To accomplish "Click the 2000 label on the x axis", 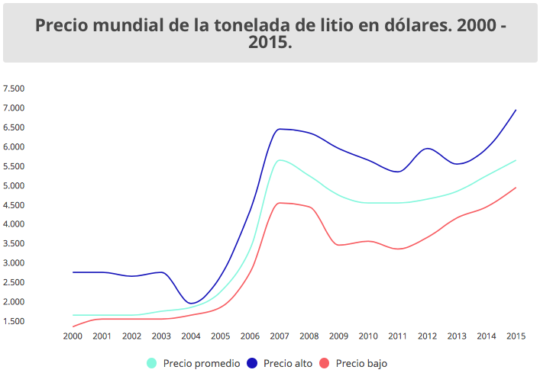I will pos(73,336).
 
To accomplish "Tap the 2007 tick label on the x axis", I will pos(280,336).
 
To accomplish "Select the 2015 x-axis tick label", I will pos(516,336).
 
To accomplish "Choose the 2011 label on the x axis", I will pos(397,336).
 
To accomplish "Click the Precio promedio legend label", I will pos(202,363).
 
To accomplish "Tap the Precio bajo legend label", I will pos(361,363).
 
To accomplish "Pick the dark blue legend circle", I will pos(252,363).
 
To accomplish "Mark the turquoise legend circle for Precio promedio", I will pos(152,363).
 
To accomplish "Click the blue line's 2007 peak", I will pos(280,129).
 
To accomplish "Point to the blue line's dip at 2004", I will pos(192,303).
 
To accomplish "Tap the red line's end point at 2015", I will pos(516,188).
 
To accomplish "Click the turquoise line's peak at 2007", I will pos(281,159).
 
